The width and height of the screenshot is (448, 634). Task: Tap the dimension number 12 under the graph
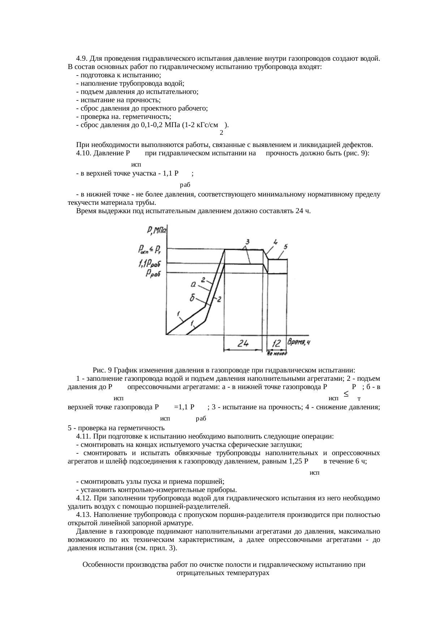[276, 344]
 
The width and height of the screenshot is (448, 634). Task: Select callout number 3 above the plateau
[247, 241]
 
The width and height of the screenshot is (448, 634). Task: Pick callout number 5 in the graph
[285, 247]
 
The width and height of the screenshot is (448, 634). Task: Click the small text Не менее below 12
[277, 354]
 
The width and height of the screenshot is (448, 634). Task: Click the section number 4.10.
[83, 154]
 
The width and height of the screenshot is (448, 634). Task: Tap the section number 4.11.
[83, 436]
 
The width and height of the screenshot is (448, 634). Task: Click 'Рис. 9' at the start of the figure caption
[102, 370]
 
